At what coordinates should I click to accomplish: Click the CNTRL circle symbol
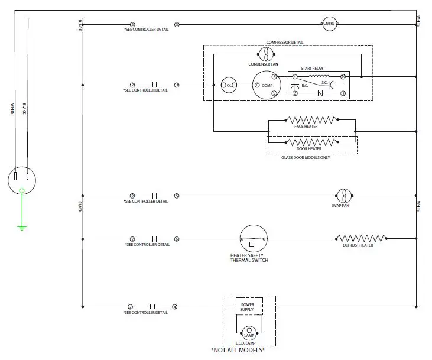click(329, 24)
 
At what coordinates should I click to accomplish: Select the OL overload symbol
click(229, 86)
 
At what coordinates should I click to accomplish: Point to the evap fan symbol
click(344, 195)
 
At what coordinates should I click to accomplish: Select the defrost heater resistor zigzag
click(362, 239)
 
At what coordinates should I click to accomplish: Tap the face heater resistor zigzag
click(311, 120)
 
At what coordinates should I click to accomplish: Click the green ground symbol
click(22, 226)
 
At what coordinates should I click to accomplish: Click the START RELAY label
click(313, 69)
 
